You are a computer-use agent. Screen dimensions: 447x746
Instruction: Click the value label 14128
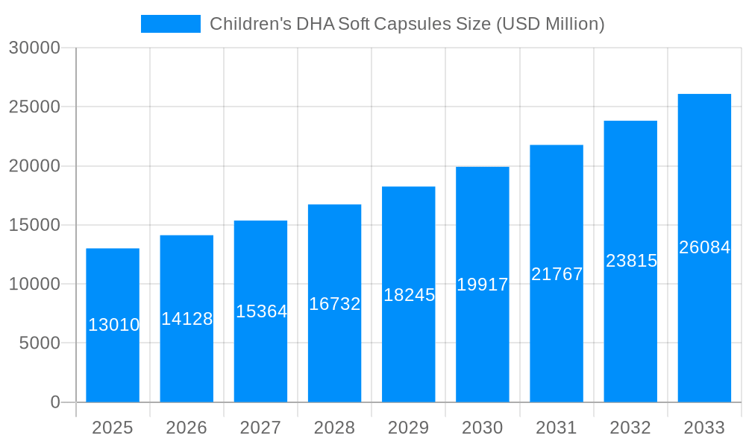pyautogui.click(x=187, y=319)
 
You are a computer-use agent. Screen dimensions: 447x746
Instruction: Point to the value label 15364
pyautogui.click(x=261, y=311)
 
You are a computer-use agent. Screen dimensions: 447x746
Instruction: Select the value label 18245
pyautogui.click(x=409, y=295)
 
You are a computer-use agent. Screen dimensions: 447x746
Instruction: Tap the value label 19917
pyautogui.click(x=483, y=285)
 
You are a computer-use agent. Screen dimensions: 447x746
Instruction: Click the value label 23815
pyautogui.click(x=631, y=261)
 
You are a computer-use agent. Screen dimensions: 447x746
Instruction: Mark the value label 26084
pyautogui.click(x=704, y=247)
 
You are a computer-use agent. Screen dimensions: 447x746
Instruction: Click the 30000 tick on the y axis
pyautogui.click(x=34, y=48)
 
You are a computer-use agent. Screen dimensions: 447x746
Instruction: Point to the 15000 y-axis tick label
pyautogui.click(x=34, y=225)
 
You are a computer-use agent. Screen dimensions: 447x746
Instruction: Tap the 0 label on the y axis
pyautogui.click(x=55, y=402)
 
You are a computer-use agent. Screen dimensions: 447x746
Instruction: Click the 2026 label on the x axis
pyautogui.click(x=186, y=428)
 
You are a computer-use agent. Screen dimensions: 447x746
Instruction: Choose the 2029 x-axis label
pyautogui.click(x=409, y=428)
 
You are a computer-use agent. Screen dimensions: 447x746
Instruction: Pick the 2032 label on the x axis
pyautogui.click(x=630, y=428)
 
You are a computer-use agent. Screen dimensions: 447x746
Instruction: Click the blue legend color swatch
pyautogui.click(x=171, y=24)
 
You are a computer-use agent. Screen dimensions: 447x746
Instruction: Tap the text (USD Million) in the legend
pyautogui.click(x=550, y=24)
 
